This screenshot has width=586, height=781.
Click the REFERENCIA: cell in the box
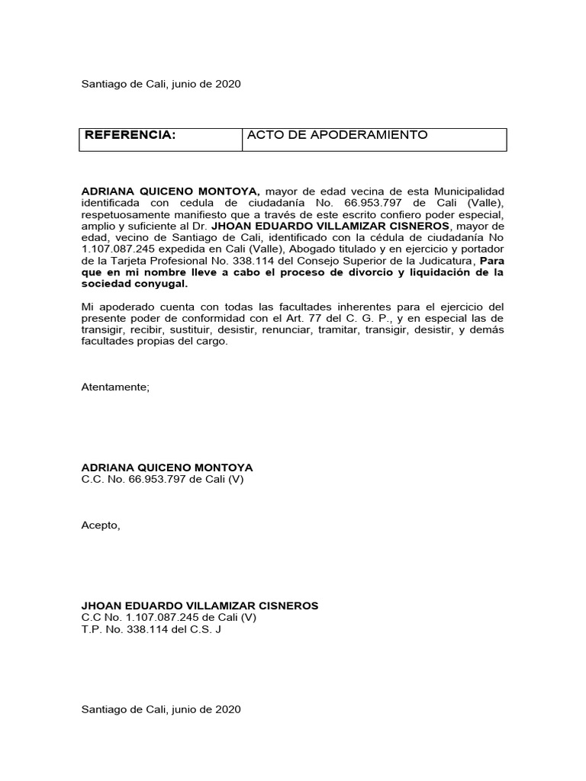click(x=130, y=136)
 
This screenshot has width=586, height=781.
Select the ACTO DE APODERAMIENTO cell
click(x=336, y=136)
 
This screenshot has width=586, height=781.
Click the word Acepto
click(x=101, y=525)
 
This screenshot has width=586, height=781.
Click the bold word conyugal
click(x=161, y=284)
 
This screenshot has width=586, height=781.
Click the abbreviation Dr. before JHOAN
click(x=201, y=227)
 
